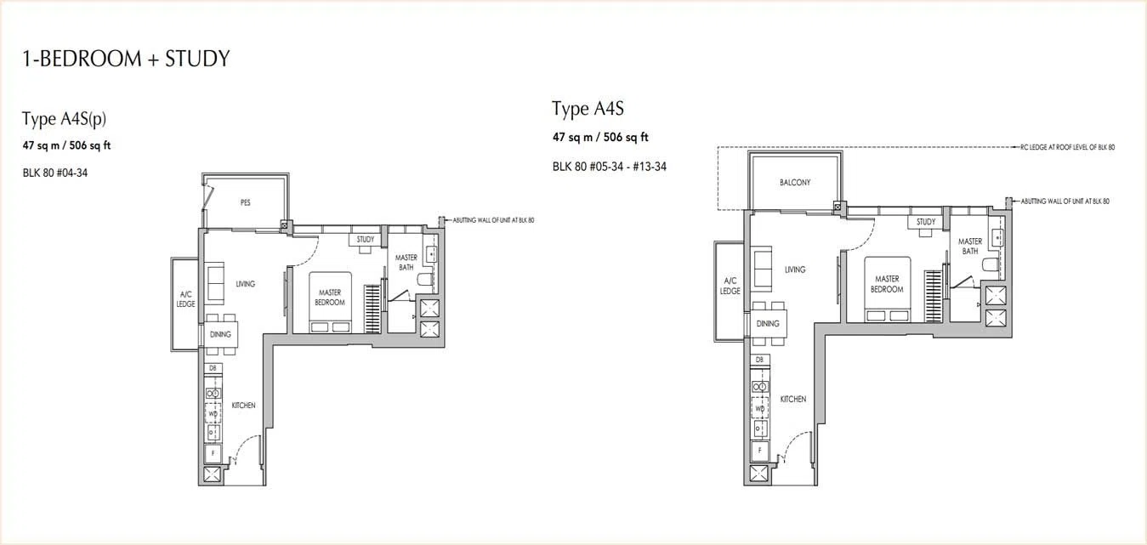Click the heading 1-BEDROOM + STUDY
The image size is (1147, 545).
(126, 59)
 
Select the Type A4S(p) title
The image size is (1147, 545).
(64, 119)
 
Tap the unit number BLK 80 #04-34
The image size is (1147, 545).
(54, 173)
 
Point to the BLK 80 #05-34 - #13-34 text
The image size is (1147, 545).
(610, 167)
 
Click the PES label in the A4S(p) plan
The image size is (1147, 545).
(245, 202)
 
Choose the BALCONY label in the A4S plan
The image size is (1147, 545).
(795, 182)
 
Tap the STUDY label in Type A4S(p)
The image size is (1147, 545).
(365, 239)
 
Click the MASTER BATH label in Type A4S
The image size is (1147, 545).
(970, 246)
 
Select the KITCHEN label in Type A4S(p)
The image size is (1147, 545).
(243, 406)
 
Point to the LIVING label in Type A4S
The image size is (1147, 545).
(795, 270)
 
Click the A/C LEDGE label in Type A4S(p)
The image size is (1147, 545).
(185, 299)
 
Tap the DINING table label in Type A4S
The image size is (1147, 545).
(768, 324)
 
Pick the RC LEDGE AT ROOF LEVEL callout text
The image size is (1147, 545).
(1067, 147)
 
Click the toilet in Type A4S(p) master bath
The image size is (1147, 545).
(425, 280)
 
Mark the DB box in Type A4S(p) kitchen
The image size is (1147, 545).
(213, 368)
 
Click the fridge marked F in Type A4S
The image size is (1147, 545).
(759, 451)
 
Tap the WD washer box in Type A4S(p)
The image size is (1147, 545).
(213, 413)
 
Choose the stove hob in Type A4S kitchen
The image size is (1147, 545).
(759, 387)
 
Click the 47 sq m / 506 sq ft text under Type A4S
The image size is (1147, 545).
(600, 137)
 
